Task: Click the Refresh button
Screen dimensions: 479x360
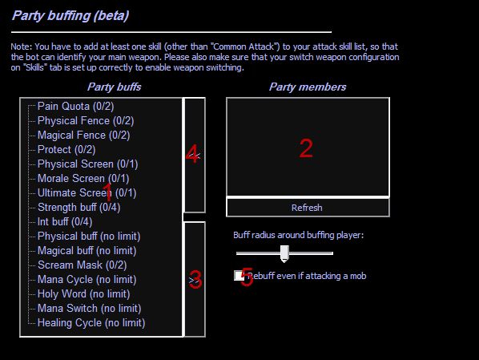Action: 308,208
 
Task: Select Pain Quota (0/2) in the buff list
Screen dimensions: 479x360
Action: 76,107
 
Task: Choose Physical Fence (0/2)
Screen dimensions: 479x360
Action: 86,121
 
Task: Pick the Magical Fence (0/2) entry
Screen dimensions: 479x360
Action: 83,136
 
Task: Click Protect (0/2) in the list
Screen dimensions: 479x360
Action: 66,150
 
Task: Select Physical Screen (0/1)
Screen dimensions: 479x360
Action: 87,164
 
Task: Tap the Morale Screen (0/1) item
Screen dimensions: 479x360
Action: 83,178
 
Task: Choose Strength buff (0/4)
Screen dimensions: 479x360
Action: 78,208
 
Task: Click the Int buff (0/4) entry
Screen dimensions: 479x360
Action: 65,222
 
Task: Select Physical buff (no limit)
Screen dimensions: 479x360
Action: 89,237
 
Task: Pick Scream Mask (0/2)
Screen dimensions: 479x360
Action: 83,265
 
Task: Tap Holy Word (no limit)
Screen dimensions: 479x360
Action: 83,294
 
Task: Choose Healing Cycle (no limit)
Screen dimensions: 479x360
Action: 91,322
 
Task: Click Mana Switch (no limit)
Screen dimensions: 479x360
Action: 89,309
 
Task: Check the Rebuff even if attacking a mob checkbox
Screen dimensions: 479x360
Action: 239,276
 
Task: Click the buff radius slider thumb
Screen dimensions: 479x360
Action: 284,253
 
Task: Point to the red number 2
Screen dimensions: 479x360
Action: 306,148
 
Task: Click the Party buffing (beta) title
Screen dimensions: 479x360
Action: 70,15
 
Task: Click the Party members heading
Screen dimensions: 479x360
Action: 308,87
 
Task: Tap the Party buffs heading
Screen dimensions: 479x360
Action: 115,87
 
